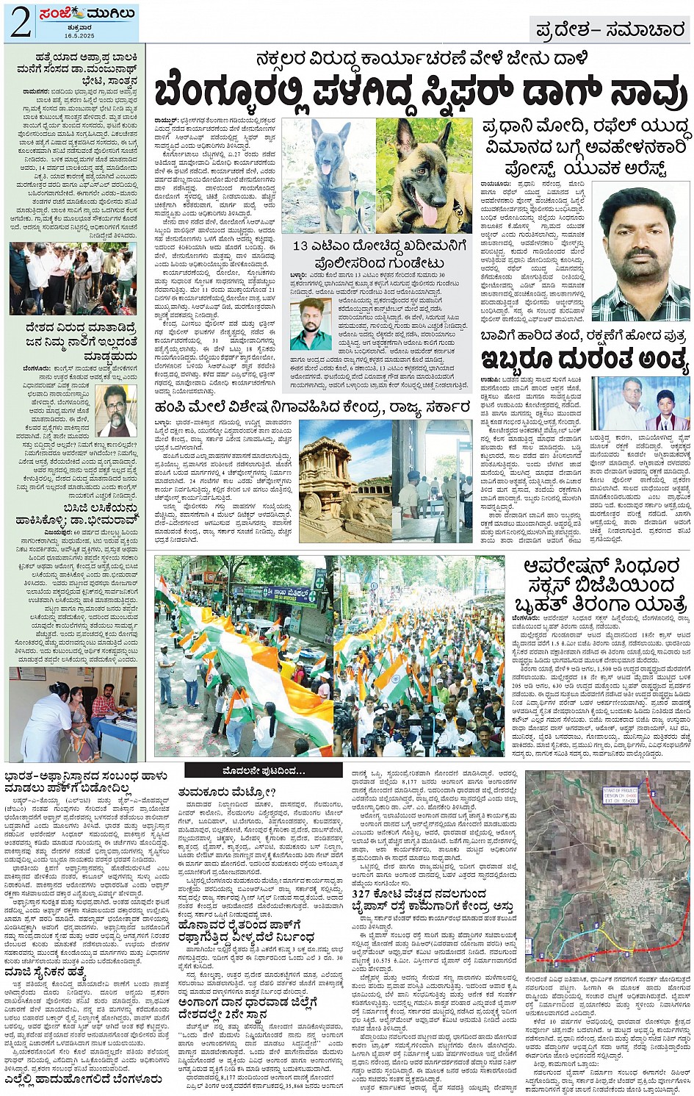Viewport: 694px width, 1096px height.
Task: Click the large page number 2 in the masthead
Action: (20, 22)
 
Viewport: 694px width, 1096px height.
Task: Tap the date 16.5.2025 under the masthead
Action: (80, 35)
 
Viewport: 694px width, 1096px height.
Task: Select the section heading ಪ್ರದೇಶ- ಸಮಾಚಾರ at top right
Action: (610, 29)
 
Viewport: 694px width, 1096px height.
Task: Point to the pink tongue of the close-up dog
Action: (429, 215)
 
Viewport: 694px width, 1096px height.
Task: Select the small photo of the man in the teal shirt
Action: (311, 323)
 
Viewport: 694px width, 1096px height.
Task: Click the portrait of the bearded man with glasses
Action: (115, 410)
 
